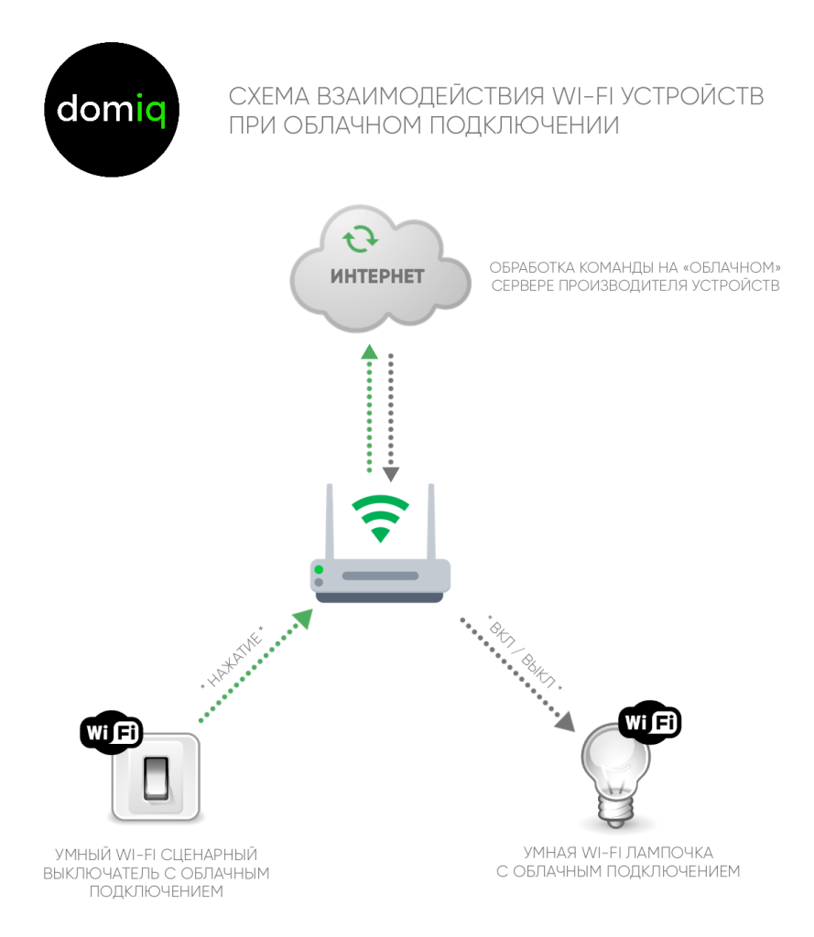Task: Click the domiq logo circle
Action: tap(112, 110)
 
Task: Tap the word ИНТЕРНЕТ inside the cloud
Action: tap(377, 276)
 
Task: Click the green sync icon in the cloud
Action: tap(360, 239)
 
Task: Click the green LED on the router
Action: tap(319, 569)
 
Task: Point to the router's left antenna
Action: tap(330, 521)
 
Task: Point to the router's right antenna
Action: tap(431, 521)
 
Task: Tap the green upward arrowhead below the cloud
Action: tap(370, 351)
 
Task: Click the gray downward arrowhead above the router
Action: tap(391, 475)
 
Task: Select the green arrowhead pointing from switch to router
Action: tap(303, 619)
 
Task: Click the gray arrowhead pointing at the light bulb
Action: tap(565, 721)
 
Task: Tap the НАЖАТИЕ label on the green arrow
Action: tap(233, 658)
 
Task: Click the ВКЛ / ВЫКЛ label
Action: tap(525, 653)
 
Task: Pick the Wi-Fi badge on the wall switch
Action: tap(111, 732)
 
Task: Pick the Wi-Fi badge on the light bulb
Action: tap(650, 722)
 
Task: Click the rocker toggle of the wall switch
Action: tap(156, 778)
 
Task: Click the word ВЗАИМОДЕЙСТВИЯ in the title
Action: tap(430, 96)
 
